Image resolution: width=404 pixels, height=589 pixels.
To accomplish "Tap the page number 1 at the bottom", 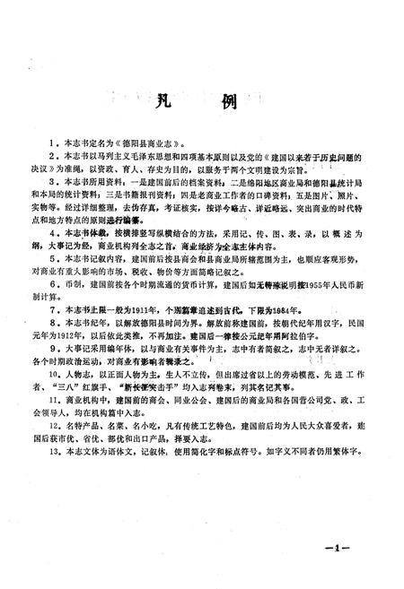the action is point(369,547).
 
